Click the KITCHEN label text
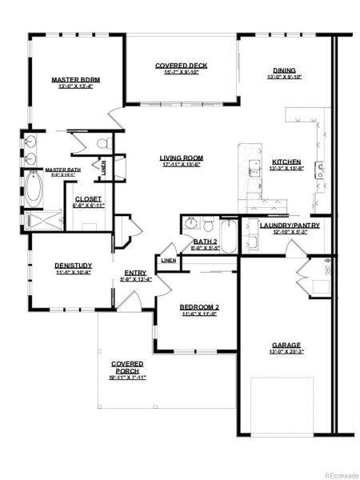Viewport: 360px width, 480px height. (286, 161)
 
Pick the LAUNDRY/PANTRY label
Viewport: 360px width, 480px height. (290, 226)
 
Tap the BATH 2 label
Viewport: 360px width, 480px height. (205, 241)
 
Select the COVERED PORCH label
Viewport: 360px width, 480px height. (127, 367)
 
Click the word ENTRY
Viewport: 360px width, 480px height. (135, 273)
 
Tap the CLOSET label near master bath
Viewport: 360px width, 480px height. (88, 199)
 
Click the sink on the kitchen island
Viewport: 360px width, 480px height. (255, 168)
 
